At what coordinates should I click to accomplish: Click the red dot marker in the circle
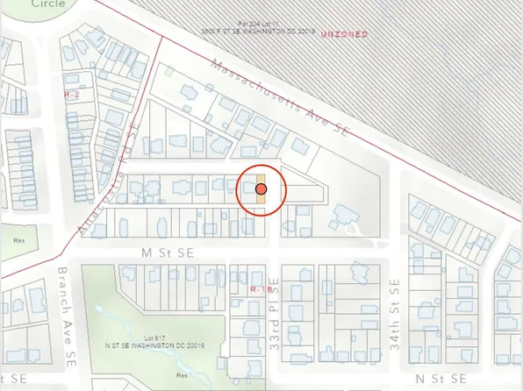[x=261, y=188]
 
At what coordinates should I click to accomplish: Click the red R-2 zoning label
[x=72, y=92]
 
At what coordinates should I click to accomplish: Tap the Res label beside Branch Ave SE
[x=19, y=239]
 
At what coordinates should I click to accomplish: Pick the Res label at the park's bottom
[x=182, y=374]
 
